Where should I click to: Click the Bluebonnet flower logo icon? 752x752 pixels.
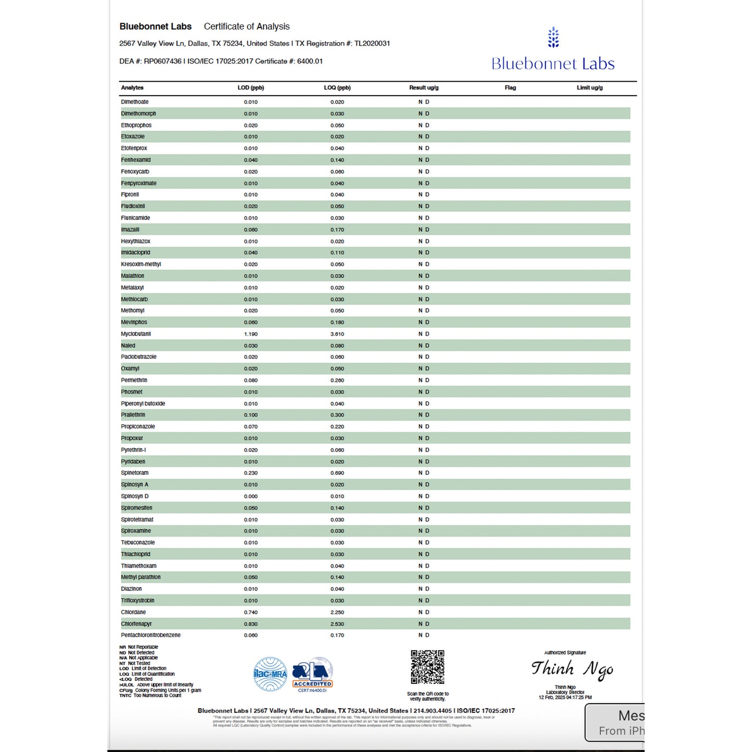point(553,37)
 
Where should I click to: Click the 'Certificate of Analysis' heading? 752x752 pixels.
point(247,27)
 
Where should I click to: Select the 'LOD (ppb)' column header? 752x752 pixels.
point(251,88)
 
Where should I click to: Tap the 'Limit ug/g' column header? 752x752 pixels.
point(590,88)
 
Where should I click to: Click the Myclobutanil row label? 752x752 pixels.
point(136,334)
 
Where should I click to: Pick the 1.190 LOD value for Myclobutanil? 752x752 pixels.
point(251,334)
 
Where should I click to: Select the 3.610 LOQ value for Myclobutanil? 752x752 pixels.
point(337,334)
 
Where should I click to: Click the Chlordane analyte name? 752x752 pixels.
point(133,613)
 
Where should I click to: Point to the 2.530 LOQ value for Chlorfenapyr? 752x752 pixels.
point(337,624)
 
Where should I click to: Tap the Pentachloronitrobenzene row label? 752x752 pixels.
point(151,635)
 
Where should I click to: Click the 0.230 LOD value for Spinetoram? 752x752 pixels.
point(251,473)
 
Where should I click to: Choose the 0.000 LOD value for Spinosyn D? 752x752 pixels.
point(251,496)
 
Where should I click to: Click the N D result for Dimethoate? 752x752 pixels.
point(424,102)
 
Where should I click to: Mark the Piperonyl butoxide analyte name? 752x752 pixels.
point(143,404)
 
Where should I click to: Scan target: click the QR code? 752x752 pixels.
point(427,667)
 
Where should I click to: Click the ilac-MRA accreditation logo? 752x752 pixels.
point(270,674)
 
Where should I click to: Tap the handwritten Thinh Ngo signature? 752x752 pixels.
point(572,669)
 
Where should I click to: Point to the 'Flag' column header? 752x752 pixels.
point(511,88)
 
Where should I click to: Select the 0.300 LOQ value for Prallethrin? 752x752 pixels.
point(337,415)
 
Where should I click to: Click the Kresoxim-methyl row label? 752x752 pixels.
point(141,264)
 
